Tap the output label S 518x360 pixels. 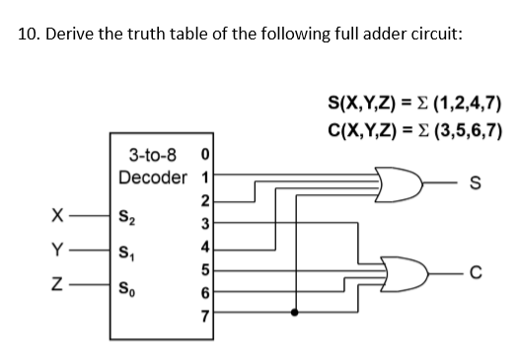(477, 182)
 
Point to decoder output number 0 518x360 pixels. (203, 155)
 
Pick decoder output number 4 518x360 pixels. (203, 247)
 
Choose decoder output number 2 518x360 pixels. (203, 201)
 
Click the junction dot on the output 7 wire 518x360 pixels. (293, 315)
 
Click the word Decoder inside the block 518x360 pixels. (152, 178)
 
